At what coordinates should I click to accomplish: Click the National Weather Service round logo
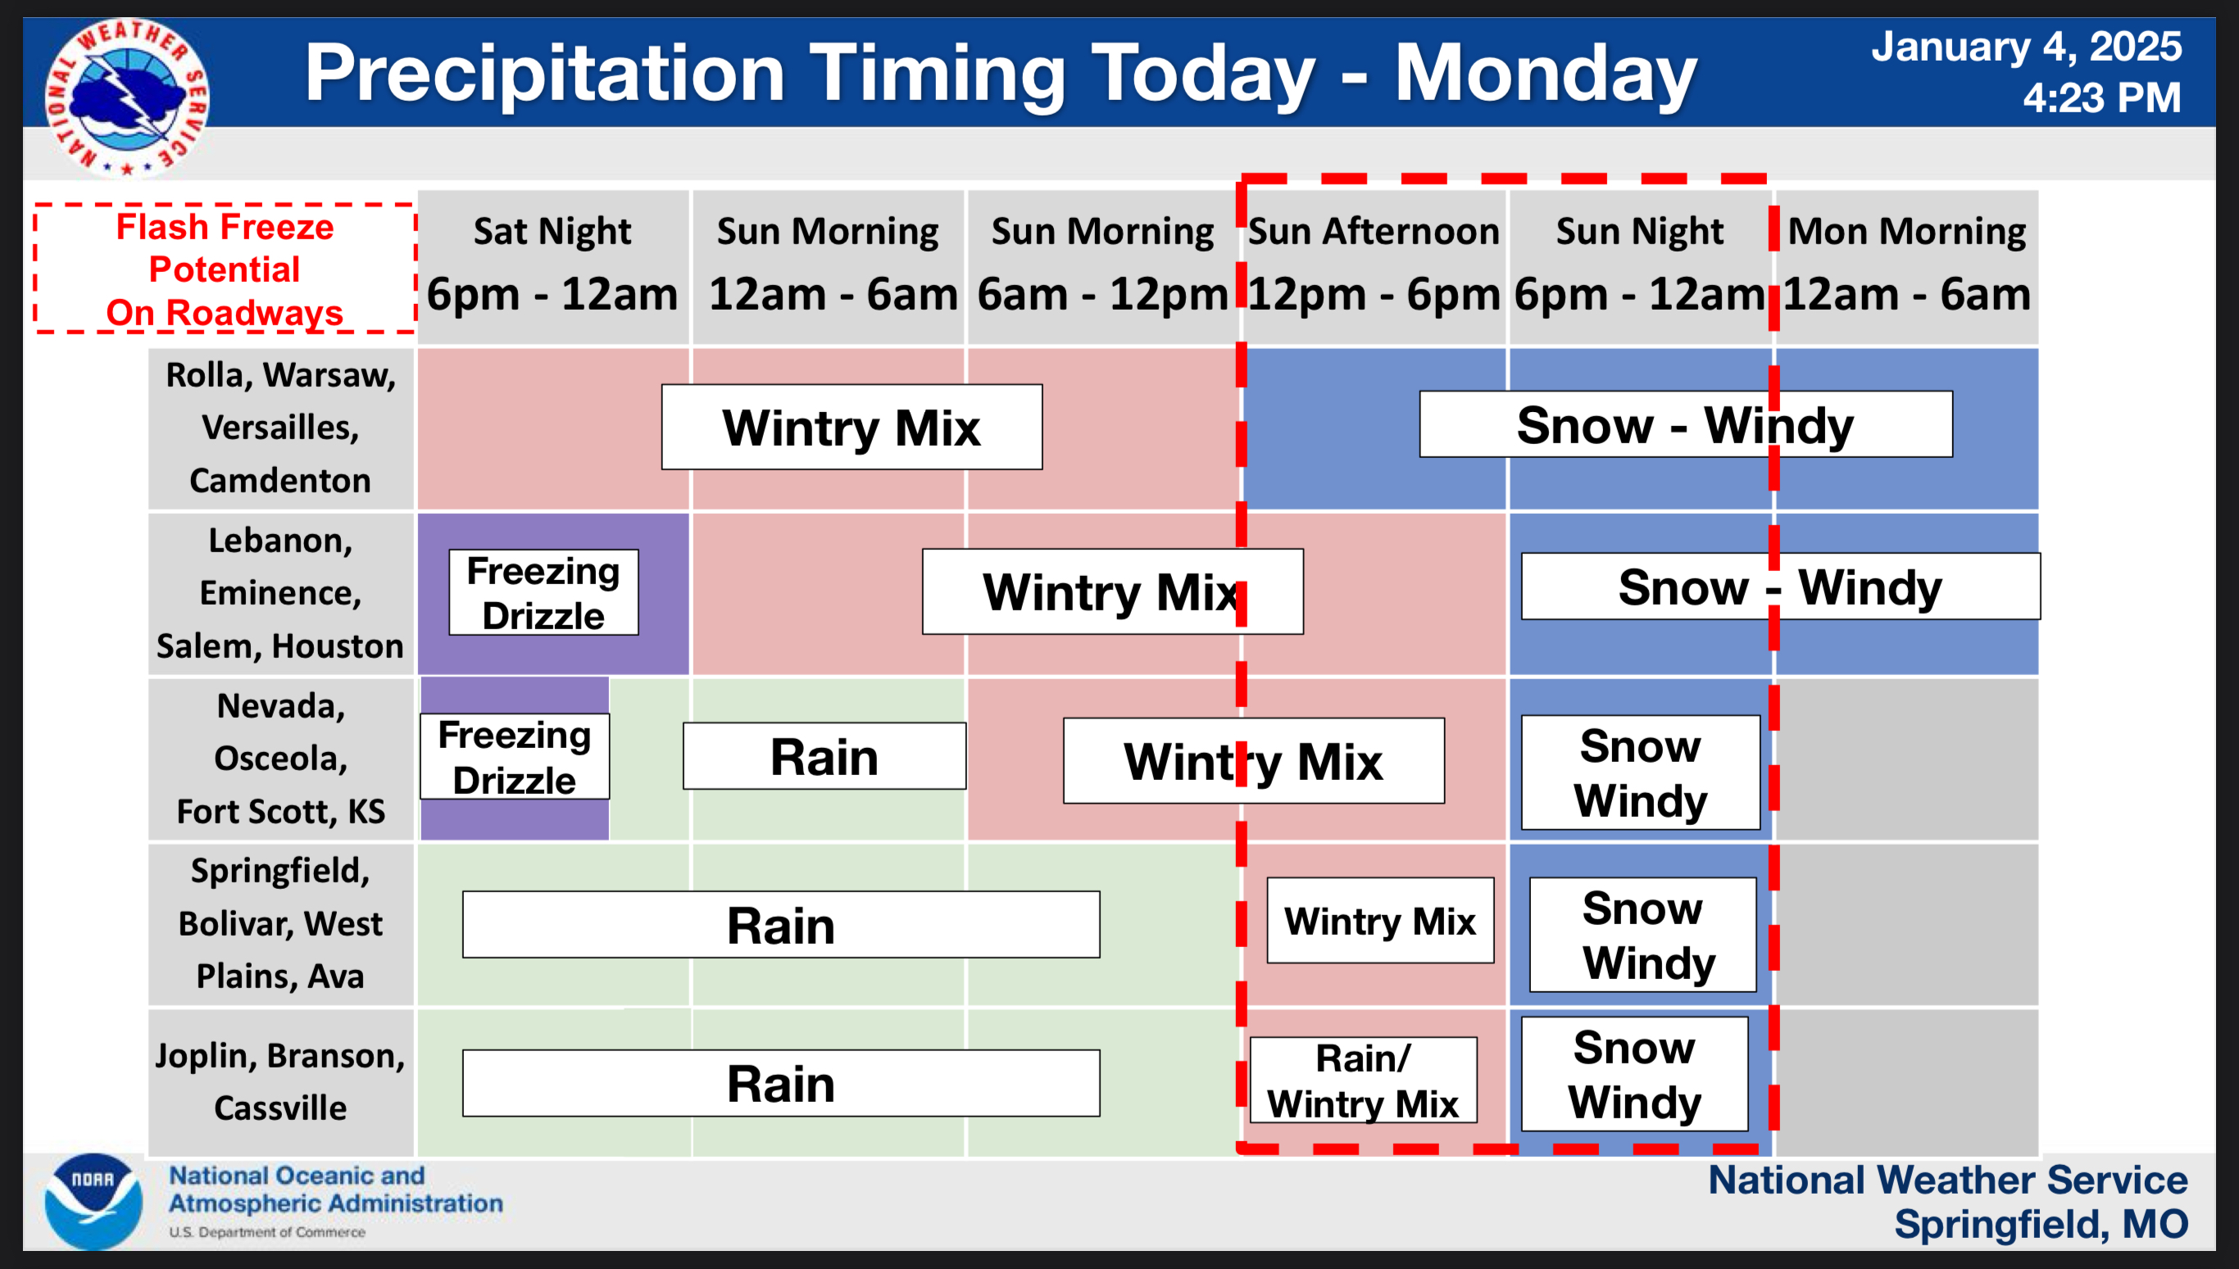(126, 97)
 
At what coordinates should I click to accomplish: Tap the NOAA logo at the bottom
(93, 1201)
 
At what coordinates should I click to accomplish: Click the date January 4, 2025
(2026, 46)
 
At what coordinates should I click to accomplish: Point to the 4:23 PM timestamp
(2101, 97)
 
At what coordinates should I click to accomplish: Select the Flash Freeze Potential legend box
(225, 269)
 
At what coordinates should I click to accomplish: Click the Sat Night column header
(552, 264)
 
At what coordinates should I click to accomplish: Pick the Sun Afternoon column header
(1374, 264)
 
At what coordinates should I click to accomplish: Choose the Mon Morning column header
(1907, 264)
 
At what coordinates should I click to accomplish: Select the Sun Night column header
(1640, 264)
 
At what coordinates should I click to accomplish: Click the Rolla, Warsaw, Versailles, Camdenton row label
(281, 428)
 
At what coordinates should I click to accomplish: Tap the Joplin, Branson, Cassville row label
(281, 1081)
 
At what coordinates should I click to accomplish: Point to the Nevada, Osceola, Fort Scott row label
(281, 759)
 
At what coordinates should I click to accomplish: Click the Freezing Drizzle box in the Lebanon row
(543, 592)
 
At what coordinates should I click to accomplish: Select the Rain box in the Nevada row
(824, 755)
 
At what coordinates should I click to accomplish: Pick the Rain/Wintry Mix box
(1363, 1080)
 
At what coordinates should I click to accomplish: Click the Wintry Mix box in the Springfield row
(1380, 920)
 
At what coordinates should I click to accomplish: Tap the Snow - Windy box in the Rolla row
(1685, 424)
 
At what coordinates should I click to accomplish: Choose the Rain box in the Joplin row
(781, 1083)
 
